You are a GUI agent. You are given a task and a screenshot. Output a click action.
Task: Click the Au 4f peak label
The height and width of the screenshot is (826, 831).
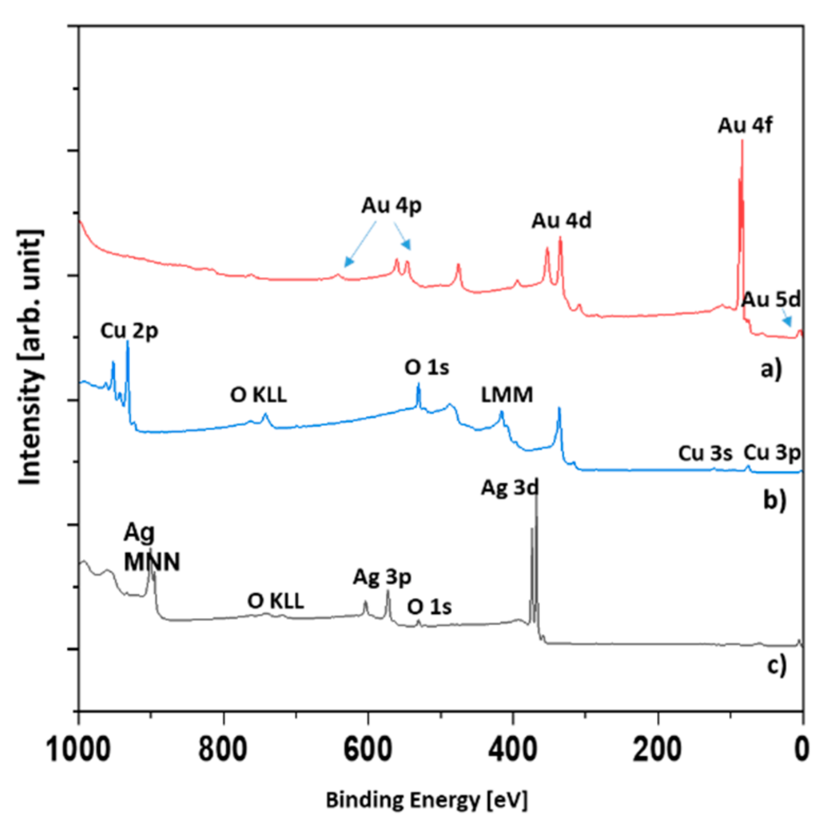pyautogui.click(x=745, y=126)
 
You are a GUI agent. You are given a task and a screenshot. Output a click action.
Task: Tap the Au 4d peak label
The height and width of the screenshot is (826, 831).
pyautogui.click(x=561, y=221)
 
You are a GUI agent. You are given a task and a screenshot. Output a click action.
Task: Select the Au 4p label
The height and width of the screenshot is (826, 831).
pyautogui.click(x=391, y=205)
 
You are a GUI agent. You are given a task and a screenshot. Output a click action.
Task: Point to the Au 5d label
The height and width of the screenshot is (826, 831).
pyautogui.click(x=771, y=300)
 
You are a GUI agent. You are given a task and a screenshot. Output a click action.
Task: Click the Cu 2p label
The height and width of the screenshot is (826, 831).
pyautogui.click(x=129, y=331)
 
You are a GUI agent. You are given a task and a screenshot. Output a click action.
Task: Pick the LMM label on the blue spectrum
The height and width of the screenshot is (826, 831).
pyautogui.click(x=507, y=395)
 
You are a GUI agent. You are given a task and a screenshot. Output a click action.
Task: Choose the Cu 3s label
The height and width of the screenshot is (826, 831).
pyautogui.click(x=705, y=454)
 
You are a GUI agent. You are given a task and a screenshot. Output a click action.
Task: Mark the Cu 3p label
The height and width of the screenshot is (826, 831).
pyautogui.click(x=772, y=453)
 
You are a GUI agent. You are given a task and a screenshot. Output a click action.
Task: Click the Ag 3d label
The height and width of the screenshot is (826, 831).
pyautogui.click(x=509, y=488)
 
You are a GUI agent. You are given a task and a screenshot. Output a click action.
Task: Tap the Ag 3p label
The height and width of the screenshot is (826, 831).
pyautogui.click(x=382, y=577)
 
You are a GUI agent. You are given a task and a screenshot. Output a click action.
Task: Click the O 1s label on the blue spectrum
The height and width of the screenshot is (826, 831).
pyautogui.click(x=426, y=367)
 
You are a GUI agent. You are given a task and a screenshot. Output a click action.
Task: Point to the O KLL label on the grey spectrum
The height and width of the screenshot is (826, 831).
pyautogui.click(x=275, y=601)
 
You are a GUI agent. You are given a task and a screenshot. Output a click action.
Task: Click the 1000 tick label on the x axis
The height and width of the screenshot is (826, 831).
pyautogui.click(x=78, y=749)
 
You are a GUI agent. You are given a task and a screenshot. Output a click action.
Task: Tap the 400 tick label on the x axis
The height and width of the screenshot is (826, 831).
pyautogui.click(x=512, y=749)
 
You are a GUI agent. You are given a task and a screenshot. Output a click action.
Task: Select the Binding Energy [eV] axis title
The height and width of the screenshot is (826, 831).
pyautogui.click(x=426, y=800)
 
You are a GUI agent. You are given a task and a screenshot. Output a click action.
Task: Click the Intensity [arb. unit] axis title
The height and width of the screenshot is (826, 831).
pyautogui.click(x=30, y=357)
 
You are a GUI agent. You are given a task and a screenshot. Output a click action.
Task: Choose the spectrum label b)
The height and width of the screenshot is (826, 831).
pyautogui.click(x=774, y=500)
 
